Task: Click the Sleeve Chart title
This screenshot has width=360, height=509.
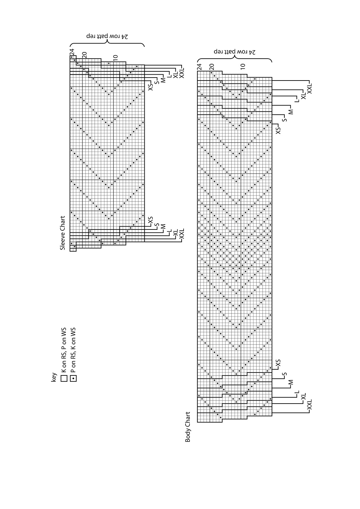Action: click(x=63, y=233)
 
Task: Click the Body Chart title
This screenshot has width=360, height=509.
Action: click(x=188, y=427)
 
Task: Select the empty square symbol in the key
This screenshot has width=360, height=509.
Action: click(x=64, y=378)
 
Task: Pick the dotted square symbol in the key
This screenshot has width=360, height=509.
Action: click(x=73, y=378)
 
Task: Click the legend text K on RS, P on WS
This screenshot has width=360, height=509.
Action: click(x=64, y=350)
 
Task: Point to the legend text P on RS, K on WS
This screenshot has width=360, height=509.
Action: click(x=73, y=350)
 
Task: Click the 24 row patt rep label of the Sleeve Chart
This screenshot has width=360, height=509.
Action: click(x=107, y=36)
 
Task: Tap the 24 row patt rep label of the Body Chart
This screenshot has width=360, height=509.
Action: click(x=234, y=52)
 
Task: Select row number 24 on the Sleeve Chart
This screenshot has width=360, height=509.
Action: click(x=72, y=52)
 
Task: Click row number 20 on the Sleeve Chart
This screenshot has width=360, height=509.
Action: click(x=84, y=55)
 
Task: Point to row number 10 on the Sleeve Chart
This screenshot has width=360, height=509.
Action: click(x=116, y=58)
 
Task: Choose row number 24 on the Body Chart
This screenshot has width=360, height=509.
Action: click(x=199, y=67)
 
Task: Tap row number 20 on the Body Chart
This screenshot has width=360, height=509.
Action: click(x=212, y=67)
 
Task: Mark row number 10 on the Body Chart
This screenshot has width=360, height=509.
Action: click(x=243, y=66)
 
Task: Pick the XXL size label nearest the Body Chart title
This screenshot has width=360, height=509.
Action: click(x=309, y=405)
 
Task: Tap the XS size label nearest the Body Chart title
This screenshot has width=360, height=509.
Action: click(x=278, y=363)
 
